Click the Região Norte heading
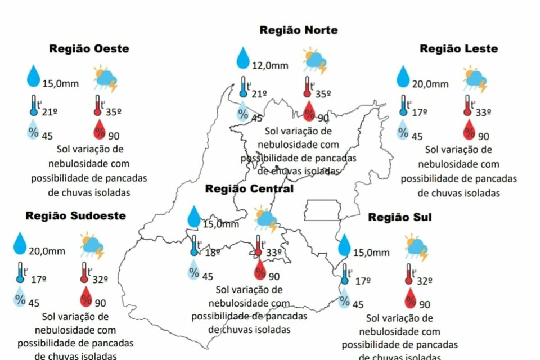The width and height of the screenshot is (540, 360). pos(299,30)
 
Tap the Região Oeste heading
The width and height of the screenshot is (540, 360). pos(89,49)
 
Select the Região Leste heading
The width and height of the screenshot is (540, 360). pos(458,49)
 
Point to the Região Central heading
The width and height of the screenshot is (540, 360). pos(249,189)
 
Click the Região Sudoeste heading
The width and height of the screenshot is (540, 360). pos(75,216)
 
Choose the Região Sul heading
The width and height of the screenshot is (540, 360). pos(400,217)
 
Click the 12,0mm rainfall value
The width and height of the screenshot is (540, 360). pos(270,65)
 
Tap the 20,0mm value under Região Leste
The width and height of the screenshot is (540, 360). pos(431,84)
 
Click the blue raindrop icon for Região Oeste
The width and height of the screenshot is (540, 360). pos(34,76)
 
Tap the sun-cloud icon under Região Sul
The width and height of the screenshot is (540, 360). pos(417,247)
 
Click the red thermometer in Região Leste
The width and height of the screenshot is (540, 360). pos(467,106)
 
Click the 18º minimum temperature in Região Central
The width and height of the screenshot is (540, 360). pos(212,253)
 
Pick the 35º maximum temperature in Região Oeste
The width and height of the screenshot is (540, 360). pos(114,111)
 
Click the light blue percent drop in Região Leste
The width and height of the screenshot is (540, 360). pos(403,131)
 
